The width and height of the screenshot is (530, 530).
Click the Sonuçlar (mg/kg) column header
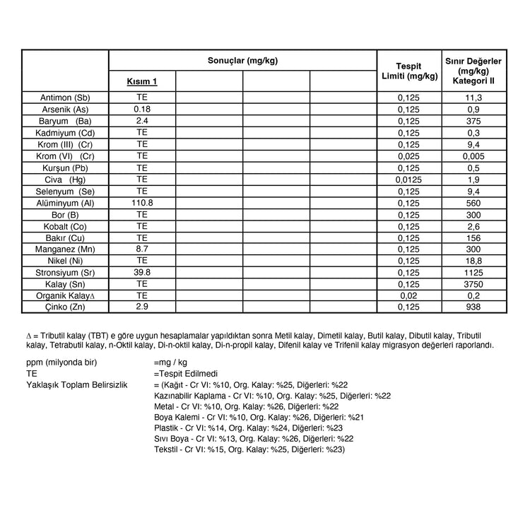242,61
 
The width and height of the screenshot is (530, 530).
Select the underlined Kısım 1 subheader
141,81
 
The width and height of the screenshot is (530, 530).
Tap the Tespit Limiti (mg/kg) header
408,71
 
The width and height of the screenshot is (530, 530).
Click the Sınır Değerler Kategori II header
473,71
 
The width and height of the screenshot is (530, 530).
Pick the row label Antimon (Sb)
65,98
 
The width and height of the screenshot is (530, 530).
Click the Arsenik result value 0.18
142,109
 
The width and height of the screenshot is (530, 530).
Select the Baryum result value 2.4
142,121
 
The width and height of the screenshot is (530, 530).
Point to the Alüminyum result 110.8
142,202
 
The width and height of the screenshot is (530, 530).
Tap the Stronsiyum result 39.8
142,271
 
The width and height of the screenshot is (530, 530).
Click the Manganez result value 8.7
142,249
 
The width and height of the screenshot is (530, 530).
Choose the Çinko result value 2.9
142,306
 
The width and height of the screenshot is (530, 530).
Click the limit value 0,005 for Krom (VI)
473,155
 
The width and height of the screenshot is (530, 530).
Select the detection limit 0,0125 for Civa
408,179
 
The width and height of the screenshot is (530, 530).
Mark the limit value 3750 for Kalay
473,283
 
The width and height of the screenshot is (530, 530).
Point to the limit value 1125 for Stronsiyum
473,272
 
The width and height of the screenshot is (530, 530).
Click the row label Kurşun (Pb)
65,167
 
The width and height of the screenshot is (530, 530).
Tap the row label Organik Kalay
65,295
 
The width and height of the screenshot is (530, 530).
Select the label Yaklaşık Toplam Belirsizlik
76,384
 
